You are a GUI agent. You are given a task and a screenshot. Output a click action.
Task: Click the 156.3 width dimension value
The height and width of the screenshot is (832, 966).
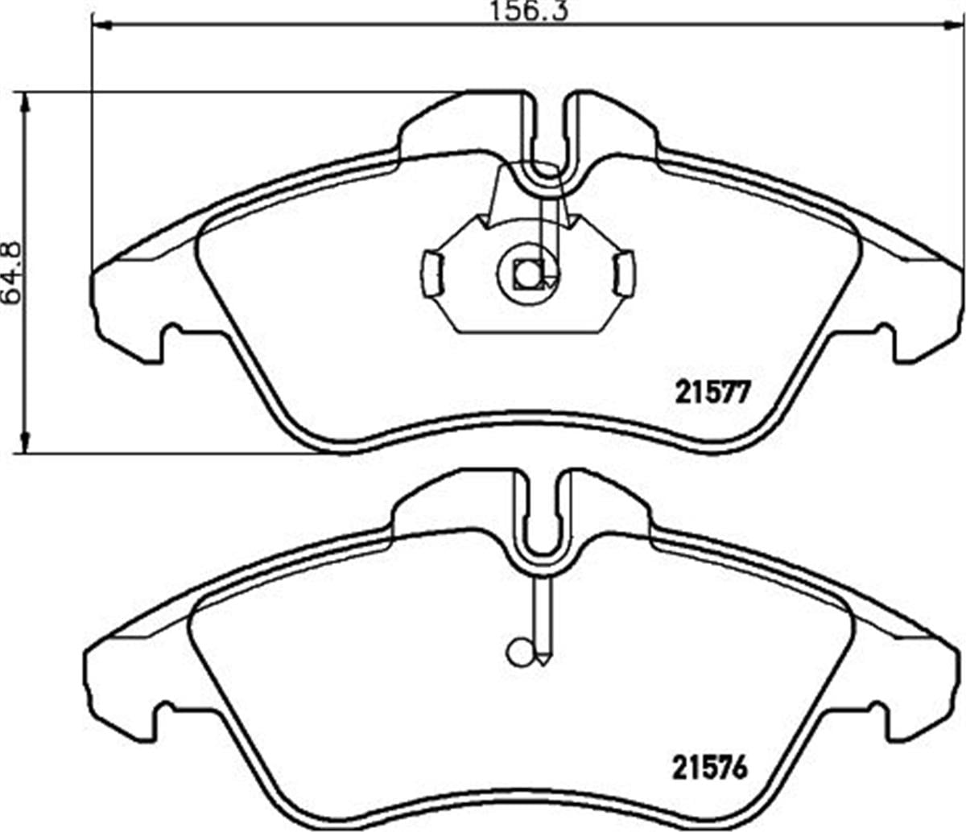click(530, 10)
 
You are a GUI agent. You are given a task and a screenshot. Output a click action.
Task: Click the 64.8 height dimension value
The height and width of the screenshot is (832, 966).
click(11, 273)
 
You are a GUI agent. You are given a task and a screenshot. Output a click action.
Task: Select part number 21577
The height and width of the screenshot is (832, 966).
click(712, 393)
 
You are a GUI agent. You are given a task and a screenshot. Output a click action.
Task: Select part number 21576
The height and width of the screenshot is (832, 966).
click(710, 767)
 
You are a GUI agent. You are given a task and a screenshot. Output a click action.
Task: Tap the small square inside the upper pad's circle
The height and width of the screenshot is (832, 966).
click(529, 274)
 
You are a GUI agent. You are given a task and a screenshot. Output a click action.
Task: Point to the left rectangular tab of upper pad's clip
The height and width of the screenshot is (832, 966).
click(433, 274)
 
